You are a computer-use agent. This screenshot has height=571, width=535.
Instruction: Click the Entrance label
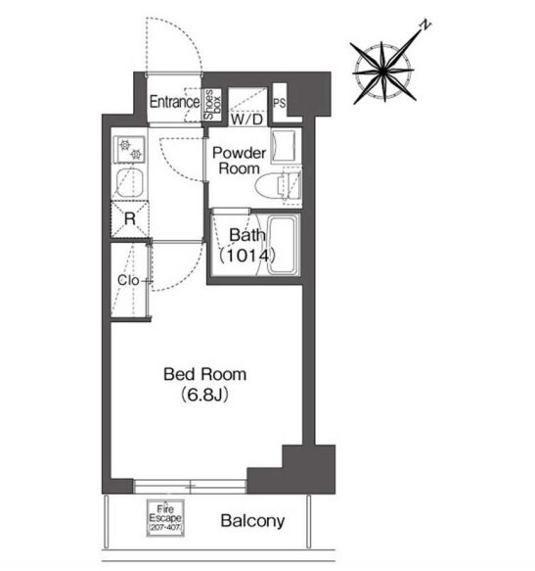point(174,102)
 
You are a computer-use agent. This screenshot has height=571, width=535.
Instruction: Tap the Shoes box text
point(213,105)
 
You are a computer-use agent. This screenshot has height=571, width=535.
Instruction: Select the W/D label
point(247,119)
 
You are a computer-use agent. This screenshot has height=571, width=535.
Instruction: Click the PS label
point(280,104)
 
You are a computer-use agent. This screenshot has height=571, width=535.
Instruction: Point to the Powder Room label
point(239,161)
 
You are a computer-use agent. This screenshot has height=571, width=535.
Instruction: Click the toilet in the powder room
point(278,185)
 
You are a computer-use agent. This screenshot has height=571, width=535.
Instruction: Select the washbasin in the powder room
point(284,146)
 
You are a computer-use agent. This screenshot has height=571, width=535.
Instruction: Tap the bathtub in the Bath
point(284,245)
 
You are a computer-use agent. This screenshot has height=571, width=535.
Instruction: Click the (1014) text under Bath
point(246,256)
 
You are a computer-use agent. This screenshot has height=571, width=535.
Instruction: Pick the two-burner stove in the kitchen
point(130,150)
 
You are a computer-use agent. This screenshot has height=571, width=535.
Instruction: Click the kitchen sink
point(129,183)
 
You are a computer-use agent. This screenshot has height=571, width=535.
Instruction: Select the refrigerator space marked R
point(130,219)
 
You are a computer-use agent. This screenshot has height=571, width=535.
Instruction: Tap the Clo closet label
point(128,280)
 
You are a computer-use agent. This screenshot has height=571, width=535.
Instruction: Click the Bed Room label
point(205,374)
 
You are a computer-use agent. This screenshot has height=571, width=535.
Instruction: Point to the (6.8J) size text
point(205,395)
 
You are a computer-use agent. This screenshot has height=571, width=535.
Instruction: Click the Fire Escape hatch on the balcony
point(165,517)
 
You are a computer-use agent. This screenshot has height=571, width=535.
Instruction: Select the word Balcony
point(252,521)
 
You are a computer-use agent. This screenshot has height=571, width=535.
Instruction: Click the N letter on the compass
point(425,24)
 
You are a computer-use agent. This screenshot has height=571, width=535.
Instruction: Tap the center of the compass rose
point(383,71)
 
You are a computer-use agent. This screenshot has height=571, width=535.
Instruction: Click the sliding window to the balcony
point(190,487)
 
